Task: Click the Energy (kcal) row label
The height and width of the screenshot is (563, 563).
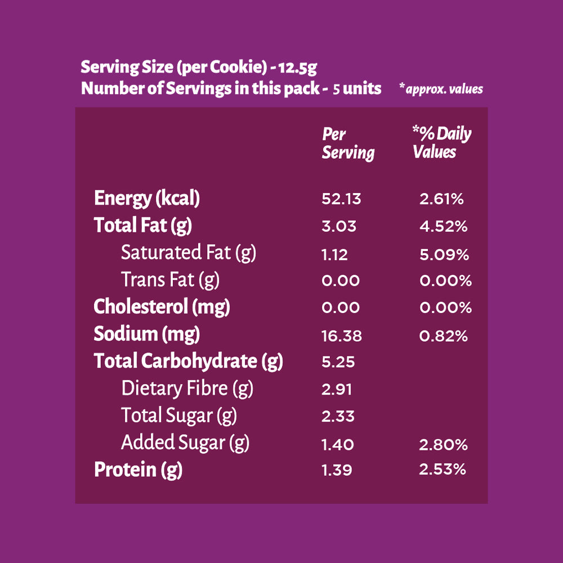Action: [146, 199]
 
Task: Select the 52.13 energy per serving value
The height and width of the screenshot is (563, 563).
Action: [341, 199]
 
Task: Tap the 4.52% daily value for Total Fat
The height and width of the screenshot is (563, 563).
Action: [444, 226]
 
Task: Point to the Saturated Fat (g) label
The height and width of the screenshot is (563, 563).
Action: [189, 253]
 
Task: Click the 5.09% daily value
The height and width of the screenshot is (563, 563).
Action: [444, 254]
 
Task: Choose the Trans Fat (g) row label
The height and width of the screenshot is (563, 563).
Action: [170, 280]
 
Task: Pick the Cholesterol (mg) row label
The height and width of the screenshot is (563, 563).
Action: [162, 307]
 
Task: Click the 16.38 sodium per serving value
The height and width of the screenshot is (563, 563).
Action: [342, 336]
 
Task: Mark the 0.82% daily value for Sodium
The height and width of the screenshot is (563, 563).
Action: [444, 336]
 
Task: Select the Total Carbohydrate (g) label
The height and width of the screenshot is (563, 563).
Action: [188, 361]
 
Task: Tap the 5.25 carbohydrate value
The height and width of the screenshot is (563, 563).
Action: [338, 362]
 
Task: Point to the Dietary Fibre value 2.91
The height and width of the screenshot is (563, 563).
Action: [337, 389]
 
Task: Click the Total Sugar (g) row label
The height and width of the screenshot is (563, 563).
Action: [179, 416]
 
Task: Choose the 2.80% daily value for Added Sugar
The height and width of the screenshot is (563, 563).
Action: [444, 445]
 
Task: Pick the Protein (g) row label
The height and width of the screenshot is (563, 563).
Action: [138, 470]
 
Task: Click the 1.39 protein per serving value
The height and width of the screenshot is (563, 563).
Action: [337, 470]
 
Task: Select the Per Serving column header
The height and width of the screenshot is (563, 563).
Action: [348, 144]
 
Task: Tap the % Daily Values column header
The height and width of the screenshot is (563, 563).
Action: [441, 142]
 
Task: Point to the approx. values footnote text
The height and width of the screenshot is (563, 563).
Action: [441, 89]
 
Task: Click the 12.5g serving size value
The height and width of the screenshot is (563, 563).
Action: [298, 68]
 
